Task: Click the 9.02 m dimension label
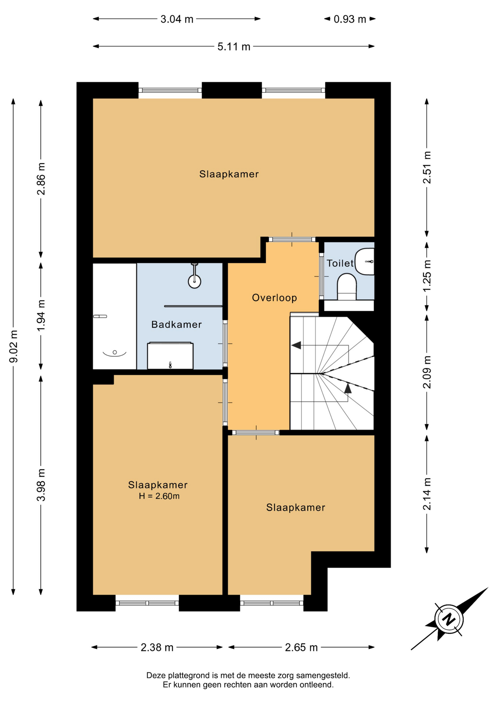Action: click(14, 346)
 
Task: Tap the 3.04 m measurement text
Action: click(177, 19)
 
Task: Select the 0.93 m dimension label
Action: click(350, 19)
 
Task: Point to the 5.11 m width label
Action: click(234, 47)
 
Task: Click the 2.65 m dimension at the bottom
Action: click(301, 647)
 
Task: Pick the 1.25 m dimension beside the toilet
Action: click(427, 275)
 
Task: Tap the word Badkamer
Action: click(176, 324)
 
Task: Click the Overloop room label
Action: click(274, 297)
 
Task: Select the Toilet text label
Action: click(340, 263)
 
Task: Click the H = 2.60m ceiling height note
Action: click(159, 496)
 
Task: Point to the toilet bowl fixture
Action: click(347, 287)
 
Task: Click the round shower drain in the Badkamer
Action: click(194, 282)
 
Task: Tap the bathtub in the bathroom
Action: click(114, 316)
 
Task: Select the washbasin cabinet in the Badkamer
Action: click(170, 356)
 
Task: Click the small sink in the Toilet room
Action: click(365, 261)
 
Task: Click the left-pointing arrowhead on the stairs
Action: click(296, 345)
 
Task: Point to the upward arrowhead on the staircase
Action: click(348, 388)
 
